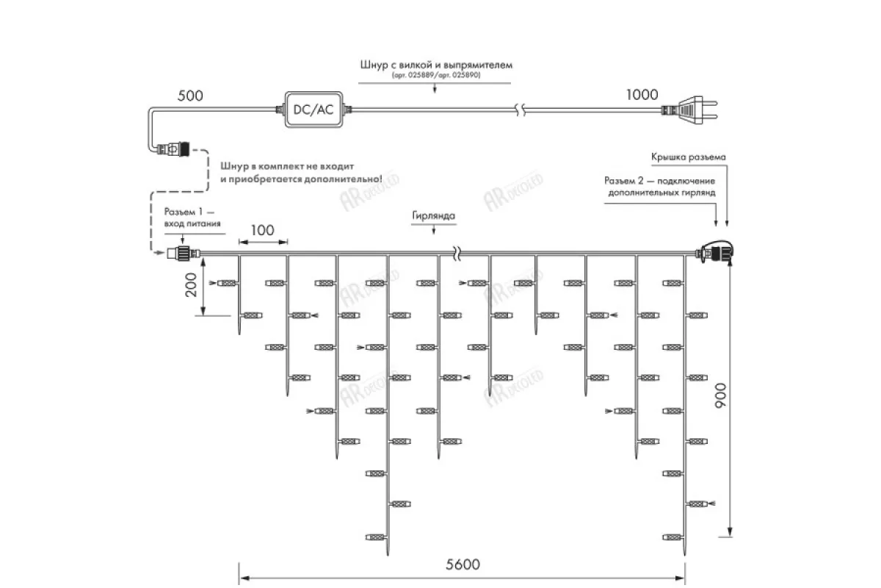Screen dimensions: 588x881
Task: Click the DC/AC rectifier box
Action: pyautogui.click(x=313, y=110)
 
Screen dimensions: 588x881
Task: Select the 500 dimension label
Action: pyautogui.click(x=191, y=96)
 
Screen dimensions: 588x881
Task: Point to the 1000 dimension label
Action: pyautogui.click(x=642, y=94)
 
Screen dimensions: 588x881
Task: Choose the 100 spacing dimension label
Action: pyautogui.click(x=262, y=230)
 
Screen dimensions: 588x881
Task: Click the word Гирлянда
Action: pyautogui.click(x=435, y=217)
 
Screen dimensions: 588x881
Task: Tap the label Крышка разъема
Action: pyautogui.click(x=688, y=157)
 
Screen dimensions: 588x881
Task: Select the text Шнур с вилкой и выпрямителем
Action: pyautogui.click(x=436, y=65)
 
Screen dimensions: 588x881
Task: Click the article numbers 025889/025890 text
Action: pyautogui.click(x=436, y=75)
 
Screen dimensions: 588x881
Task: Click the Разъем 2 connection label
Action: pyautogui.click(x=661, y=186)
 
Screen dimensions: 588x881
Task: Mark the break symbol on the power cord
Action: pyautogui.click(x=521, y=110)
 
